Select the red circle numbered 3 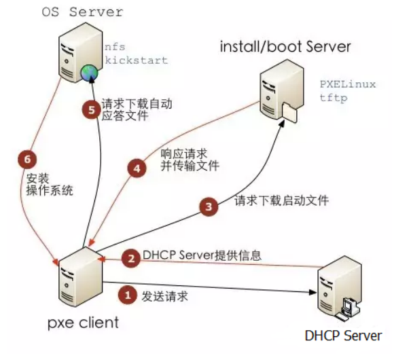[211, 204]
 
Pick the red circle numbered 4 [138, 166]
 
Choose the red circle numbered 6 [28, 158]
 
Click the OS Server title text [82, 12]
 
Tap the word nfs [114, 48]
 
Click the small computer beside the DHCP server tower [351, 307]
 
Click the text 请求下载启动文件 [281, 201]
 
